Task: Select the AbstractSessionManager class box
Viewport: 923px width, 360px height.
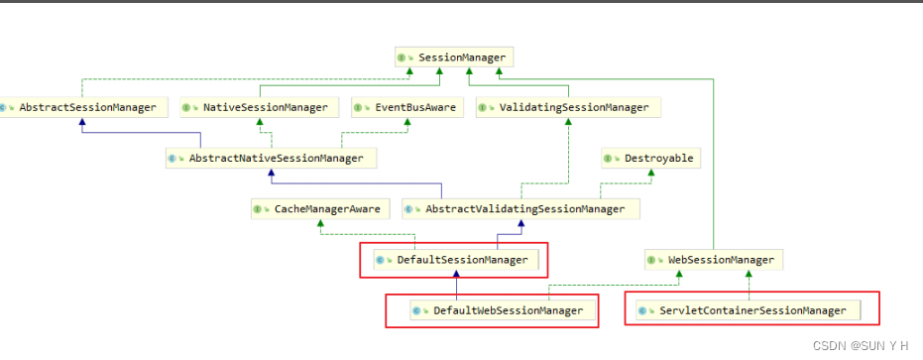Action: [81, 107]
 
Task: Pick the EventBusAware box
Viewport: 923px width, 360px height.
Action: [406, 107]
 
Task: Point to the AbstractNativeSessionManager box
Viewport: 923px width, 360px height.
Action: [271, 159]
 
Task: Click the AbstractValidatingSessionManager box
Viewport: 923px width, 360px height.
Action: [520, 209]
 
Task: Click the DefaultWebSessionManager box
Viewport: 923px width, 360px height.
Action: [492, 310]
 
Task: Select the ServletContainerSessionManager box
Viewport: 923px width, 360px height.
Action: [751, 310]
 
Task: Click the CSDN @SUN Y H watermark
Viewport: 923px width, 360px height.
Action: [860, 346]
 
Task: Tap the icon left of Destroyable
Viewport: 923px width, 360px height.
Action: [612, 159]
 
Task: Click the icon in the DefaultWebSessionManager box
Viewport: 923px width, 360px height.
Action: [421, 310]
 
